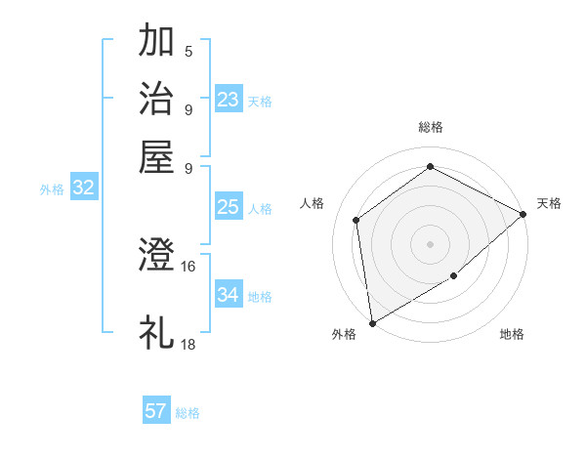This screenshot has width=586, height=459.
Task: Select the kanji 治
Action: [x=157, y=99]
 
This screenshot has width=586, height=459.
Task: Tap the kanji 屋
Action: [x=157, y=156]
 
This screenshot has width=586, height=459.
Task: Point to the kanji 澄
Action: [x=157, y=256]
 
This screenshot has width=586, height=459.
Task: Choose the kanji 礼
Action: [x=157, y=332]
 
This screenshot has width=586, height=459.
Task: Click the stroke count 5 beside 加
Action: [x=188, y=52]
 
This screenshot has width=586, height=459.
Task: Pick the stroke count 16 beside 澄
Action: [x=188, y=266]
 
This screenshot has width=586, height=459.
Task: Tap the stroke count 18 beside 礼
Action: [x=188, y=344]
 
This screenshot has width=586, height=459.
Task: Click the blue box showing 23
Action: [x=229, y=100]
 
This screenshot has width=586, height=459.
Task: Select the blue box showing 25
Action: [x=229, y=207]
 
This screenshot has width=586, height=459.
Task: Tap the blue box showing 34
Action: [x=229, y=295]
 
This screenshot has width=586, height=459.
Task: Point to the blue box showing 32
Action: [x=83, y=188]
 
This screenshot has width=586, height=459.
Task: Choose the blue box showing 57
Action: [x=156, y=411]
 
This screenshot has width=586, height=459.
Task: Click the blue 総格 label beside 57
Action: [x=188, y=413]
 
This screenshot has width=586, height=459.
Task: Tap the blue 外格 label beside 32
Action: [x=52, y=190]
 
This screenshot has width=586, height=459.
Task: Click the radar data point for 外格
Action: [x=372, y=323]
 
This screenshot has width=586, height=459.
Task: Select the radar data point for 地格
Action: [x=454, y=276]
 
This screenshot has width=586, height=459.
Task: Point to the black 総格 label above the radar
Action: [x=430, y=127]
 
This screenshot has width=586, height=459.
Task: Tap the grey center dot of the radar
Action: [x=430, y=243]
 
